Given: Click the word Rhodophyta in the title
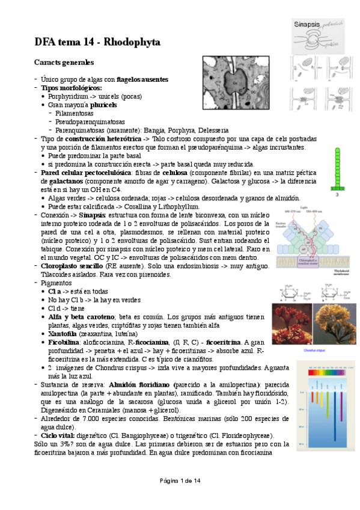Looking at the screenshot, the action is point(133,42).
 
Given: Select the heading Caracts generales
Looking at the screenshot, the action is point(64,62).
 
